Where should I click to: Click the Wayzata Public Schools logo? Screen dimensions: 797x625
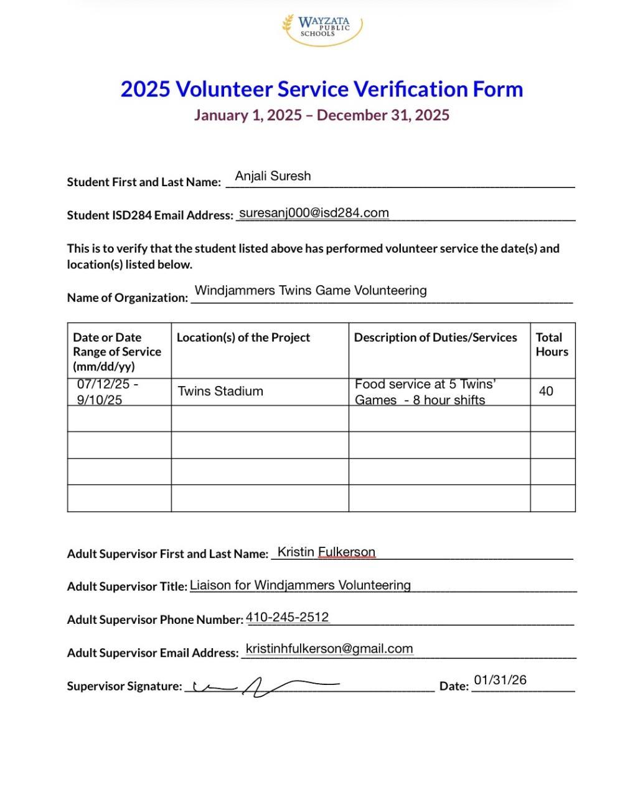click(321, 29)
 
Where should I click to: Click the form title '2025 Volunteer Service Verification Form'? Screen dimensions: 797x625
click(321, 89)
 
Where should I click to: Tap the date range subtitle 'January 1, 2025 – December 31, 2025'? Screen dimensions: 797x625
click(321, 115)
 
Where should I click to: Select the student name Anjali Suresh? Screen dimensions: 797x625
click(273, 176)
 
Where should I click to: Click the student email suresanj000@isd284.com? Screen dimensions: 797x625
click(314, 213)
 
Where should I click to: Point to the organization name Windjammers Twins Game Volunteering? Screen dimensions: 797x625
click(311, 290)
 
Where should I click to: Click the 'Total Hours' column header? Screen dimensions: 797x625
click(552, 344)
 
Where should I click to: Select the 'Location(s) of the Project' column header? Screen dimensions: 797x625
click(243, 337)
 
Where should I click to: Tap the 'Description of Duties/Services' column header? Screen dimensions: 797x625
click(435, 337)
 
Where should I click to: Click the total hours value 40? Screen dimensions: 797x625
click(546, 391)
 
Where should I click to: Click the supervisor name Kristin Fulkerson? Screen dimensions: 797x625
click(326, 552)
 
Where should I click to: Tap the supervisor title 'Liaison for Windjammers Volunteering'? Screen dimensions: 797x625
click(300, 585)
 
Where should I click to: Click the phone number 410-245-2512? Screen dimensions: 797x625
click(287, 617)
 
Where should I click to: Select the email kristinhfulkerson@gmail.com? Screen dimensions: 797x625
click(329, 649)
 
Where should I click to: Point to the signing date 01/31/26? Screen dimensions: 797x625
click(500, 680)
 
